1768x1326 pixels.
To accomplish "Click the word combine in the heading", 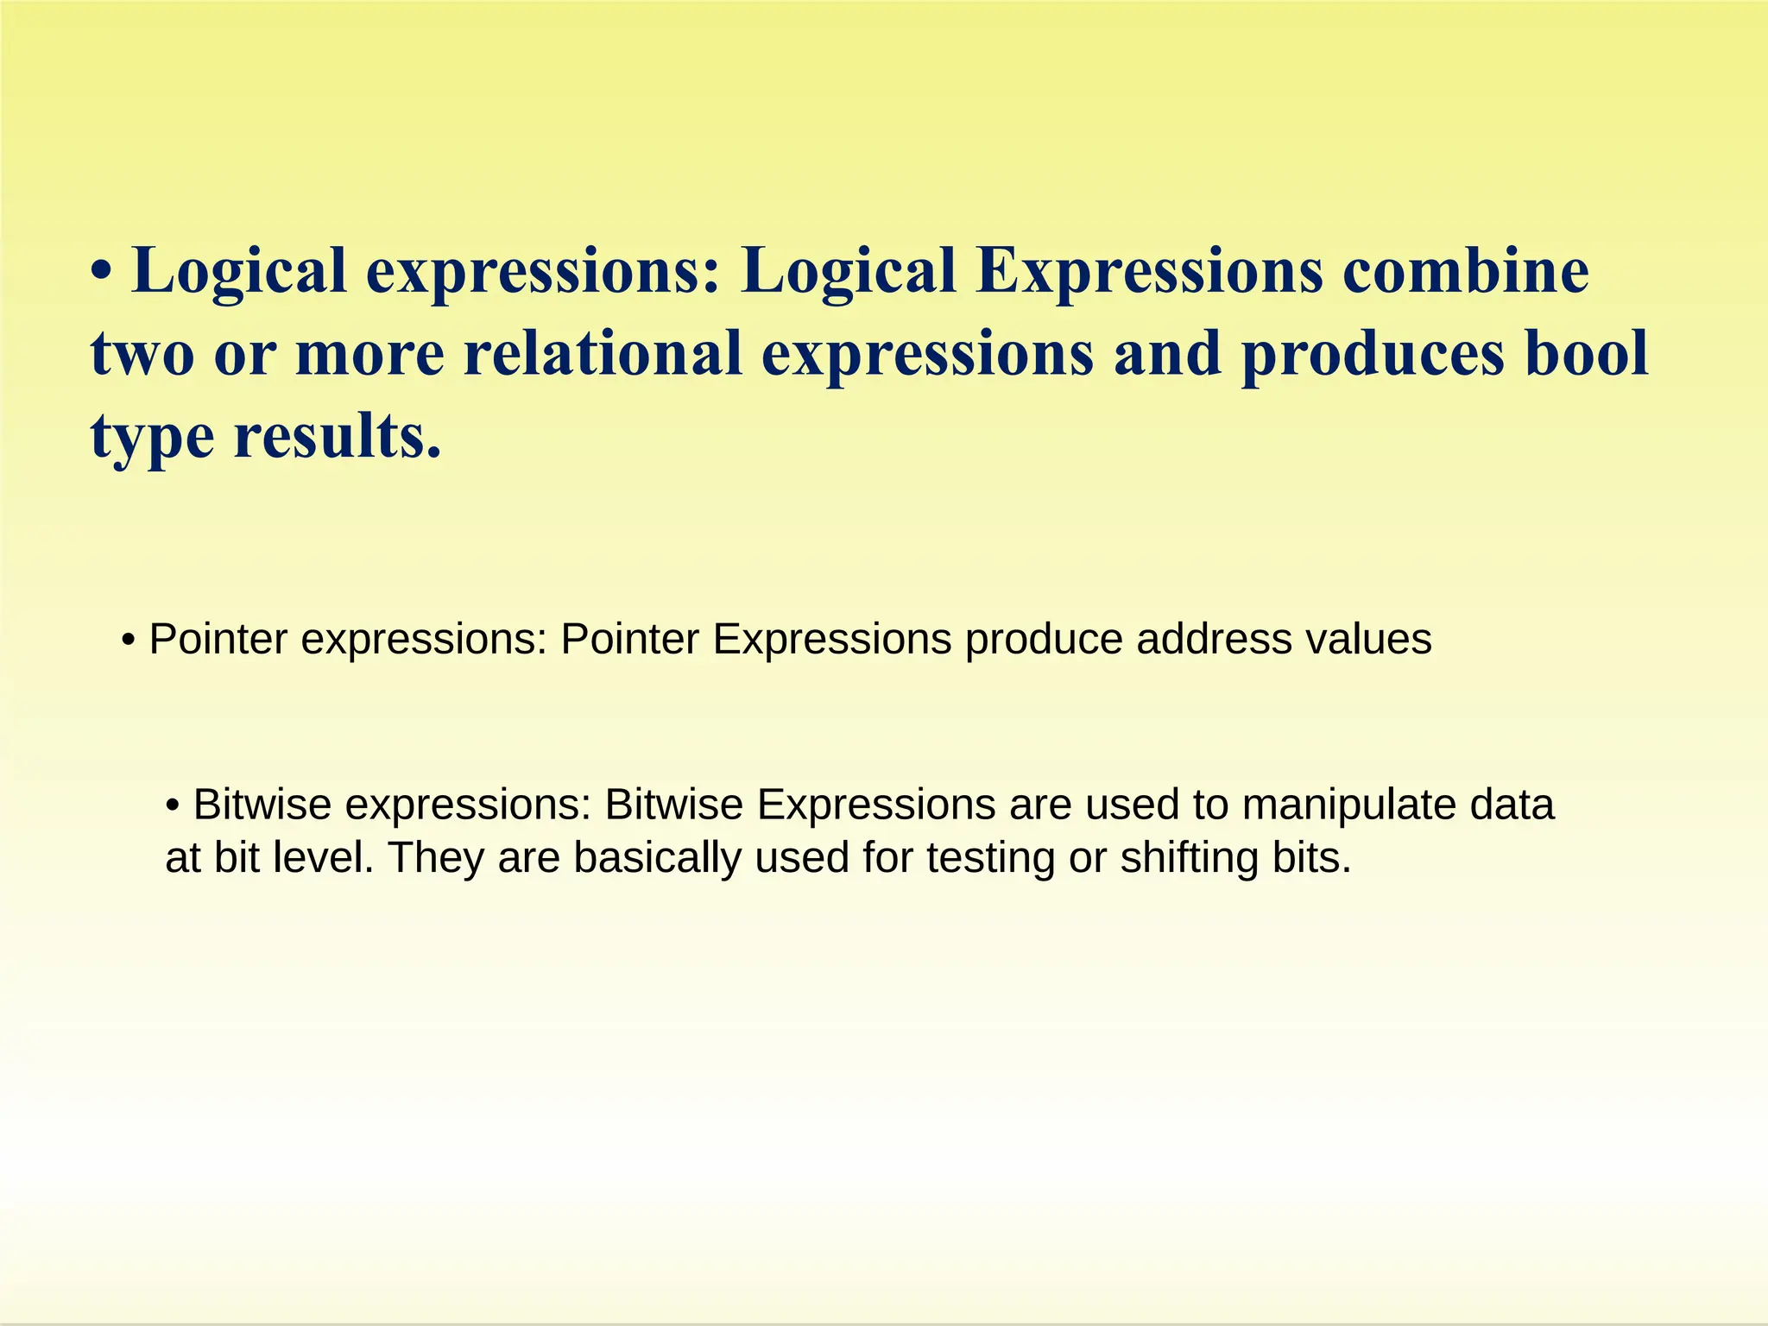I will coord(1465,271).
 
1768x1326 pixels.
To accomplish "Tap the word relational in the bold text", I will coord(603,353).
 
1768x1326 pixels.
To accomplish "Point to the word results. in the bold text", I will coord(338,436).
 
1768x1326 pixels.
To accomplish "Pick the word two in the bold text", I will coord(142,355).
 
